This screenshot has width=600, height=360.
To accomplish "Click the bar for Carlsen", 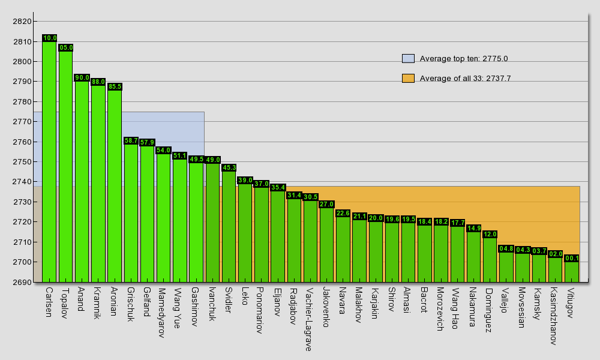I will tap(49, 162).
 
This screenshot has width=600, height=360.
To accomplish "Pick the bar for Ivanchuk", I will tap(212, 223).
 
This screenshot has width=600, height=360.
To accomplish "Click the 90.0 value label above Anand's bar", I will tap(82, 77).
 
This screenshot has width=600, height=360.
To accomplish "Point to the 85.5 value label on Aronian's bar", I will tap(115, 86).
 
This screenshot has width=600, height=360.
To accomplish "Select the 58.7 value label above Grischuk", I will tap(131, 140).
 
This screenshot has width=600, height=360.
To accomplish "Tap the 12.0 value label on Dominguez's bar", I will tap(490, 234).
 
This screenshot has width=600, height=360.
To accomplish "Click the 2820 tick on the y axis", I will tap(22, 22).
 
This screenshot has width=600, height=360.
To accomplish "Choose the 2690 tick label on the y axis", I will tap(22, 282).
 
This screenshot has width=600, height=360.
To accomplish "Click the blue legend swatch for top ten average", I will tap(408, 58).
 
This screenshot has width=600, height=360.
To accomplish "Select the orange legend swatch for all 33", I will tap(408, 78).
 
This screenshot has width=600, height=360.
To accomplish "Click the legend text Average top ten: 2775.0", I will tap(464, 58).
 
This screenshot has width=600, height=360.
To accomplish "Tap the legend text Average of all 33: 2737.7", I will tap(465, 78).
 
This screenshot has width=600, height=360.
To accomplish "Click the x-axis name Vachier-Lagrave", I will tap(308, 319).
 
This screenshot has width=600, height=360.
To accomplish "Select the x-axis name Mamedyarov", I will tap(161, 312).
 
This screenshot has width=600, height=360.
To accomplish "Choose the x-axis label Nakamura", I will tap(472, 308).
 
